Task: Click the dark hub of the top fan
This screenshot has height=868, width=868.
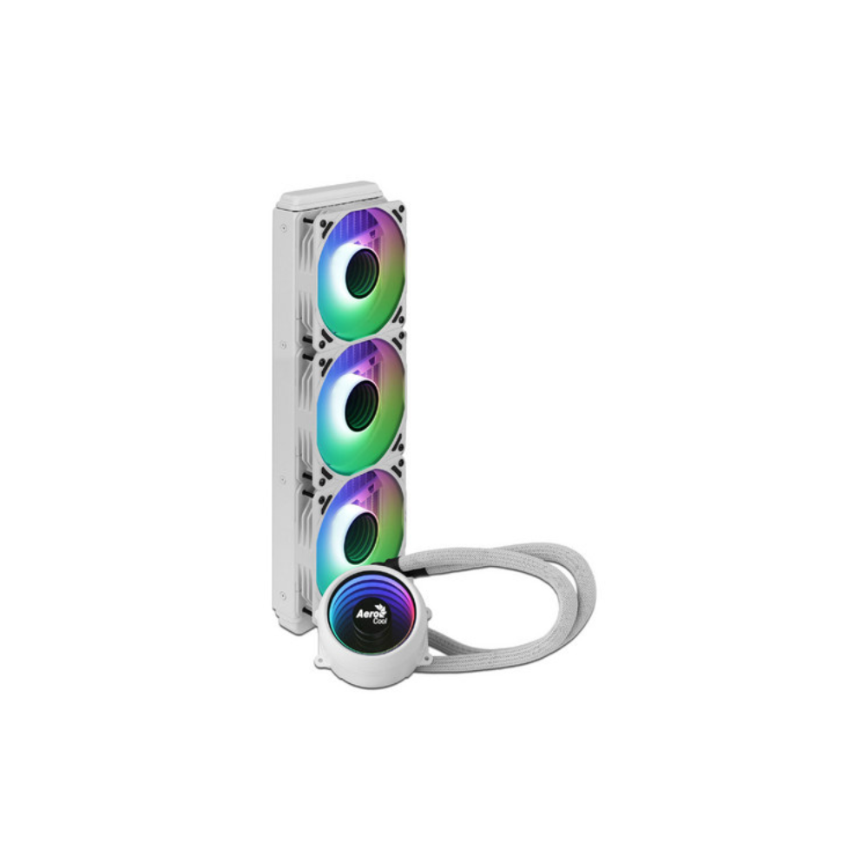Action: click(x=361, y=273)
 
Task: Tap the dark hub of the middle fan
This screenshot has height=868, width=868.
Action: click(x=360, y=404)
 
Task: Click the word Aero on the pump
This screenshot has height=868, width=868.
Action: click(x=366, y=614)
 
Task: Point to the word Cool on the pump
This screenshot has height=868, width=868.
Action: click(x=380, y=622)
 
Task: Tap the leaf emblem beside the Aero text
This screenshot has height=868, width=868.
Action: click(x=381, y=610)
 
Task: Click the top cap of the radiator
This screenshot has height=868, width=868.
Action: click(x=330, y=194)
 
